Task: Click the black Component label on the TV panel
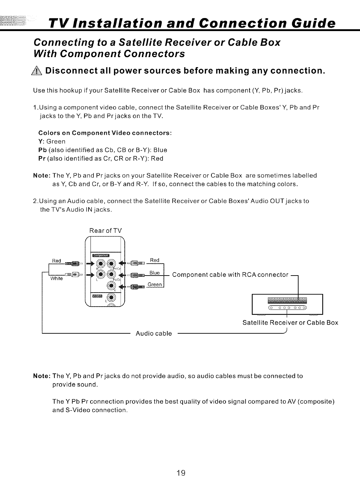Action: coord(102,256)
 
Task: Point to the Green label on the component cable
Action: coord(155,285)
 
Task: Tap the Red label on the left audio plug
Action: coord(56,261)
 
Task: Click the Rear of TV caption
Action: coord(106,230)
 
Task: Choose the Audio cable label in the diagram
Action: coord(154,333)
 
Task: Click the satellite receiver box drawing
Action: coord(288,304)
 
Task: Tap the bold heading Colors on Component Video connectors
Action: coord(106,133)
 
